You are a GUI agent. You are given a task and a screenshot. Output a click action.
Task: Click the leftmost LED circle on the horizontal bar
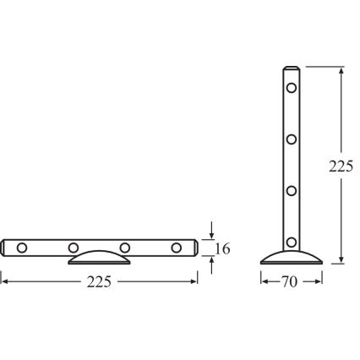coord(22,248)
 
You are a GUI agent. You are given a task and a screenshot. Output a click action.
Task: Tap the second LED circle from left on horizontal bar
coord(74,248)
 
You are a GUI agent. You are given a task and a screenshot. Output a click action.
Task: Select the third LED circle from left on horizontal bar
coord(125,248)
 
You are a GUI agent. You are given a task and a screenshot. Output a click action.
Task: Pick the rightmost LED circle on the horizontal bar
coord(177,248)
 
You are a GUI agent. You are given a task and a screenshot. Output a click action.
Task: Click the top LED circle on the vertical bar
coord(292,87)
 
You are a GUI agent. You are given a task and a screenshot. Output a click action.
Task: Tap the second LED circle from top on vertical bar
coord(292,139)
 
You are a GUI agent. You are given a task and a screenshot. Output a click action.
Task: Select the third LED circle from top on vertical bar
coord(292,190)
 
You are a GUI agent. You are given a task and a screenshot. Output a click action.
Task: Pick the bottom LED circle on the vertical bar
coord(292,242)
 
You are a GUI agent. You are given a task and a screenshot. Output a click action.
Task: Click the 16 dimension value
coord(222,248)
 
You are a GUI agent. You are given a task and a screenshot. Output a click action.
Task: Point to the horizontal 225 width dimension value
coord(100,281)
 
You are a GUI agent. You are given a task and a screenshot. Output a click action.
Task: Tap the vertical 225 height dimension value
coord(341,166)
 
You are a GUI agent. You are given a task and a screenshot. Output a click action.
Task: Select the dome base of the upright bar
coord(292,257)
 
